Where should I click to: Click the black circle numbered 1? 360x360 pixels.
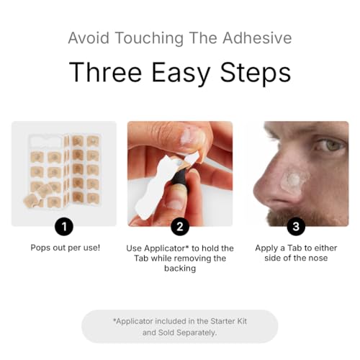coord(64,227)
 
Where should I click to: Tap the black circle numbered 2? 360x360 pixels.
coord(180,227)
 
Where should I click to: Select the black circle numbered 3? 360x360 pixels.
coord(296,227)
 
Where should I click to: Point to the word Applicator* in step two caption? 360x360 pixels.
coord(171,248)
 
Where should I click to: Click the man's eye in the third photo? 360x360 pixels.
coord(333,143)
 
